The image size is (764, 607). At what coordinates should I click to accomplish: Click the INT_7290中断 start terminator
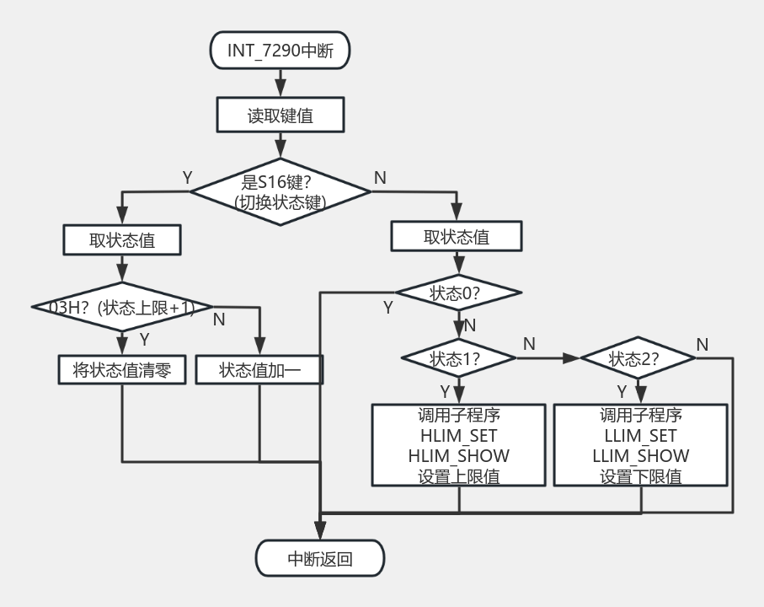coord(280,51)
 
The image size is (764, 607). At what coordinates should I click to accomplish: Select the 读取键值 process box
coord(280,115)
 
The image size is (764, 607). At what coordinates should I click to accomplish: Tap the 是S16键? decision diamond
coord(280,191)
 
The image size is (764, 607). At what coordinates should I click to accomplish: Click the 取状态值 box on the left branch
coord(122,240)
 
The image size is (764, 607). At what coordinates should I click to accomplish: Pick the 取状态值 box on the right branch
coord(457,237)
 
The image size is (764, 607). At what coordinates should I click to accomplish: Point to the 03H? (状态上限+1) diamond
coord(122,308)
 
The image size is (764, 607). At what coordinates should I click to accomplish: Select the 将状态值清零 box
coord(122,370)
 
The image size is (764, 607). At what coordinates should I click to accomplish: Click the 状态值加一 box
coord(259,370)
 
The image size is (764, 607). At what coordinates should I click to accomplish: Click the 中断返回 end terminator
coord(320,558)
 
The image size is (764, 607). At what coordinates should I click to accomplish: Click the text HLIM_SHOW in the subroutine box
coord(459,455)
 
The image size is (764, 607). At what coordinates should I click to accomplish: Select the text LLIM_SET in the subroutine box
coord(640,435)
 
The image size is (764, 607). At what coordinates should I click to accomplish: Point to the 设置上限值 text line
coord(459,475)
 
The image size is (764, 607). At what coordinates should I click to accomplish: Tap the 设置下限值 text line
coord(640,475)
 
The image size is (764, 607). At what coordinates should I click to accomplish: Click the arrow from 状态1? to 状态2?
coord(548,357)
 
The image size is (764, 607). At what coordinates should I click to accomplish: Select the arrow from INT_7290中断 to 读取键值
coord(280,83)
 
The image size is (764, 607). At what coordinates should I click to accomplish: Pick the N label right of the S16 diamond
coord(380,177)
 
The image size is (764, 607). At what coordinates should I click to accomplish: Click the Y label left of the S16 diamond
coord(187,177)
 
